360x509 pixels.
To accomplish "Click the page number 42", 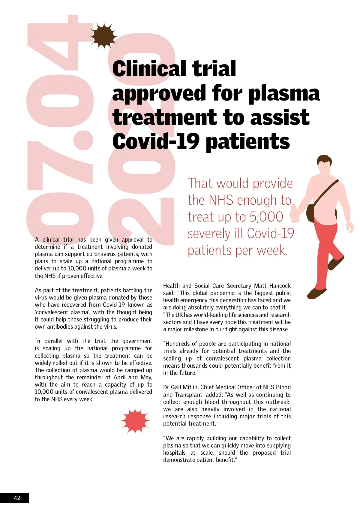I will click(x=17, y=498).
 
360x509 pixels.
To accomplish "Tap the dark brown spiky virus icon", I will click(x=104, y=36).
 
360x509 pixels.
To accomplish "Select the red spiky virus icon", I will click(x=135, y=421).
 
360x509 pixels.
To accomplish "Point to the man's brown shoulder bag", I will click(x=311, y=212).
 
